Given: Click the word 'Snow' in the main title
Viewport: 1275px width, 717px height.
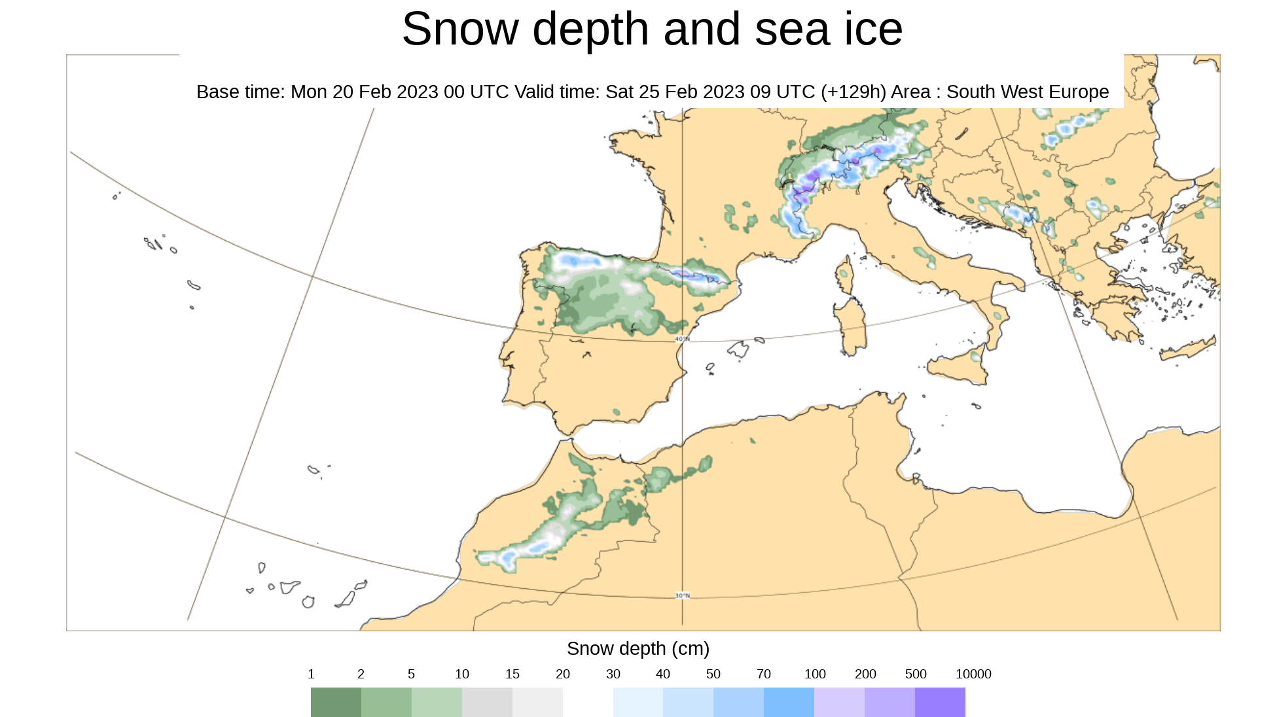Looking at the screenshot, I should point(459,29).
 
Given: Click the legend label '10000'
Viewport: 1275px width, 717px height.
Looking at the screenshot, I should point(973,674).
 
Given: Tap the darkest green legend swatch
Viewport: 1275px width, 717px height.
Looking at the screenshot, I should point(336,702).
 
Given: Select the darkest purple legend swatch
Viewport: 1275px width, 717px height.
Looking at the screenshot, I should point(940,702).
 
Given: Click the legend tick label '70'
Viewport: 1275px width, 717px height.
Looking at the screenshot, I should point(763,674).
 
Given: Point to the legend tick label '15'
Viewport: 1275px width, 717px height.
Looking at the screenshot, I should point(512,674).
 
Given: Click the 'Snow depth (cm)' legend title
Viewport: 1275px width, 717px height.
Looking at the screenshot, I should point(637,648).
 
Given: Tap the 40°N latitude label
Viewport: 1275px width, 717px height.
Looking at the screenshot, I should point(682,339).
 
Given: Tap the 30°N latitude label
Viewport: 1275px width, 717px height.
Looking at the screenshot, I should point(682,595).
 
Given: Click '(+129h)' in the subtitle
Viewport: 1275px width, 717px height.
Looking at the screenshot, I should point(853,92).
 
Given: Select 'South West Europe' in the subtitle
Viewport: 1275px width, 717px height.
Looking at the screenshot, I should point(1027,92).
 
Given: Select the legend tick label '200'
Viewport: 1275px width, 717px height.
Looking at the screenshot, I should point(865,674).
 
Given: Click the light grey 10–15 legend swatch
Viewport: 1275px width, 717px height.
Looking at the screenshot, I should point(487,702).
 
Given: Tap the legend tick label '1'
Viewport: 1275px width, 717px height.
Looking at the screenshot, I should point(311,674).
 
